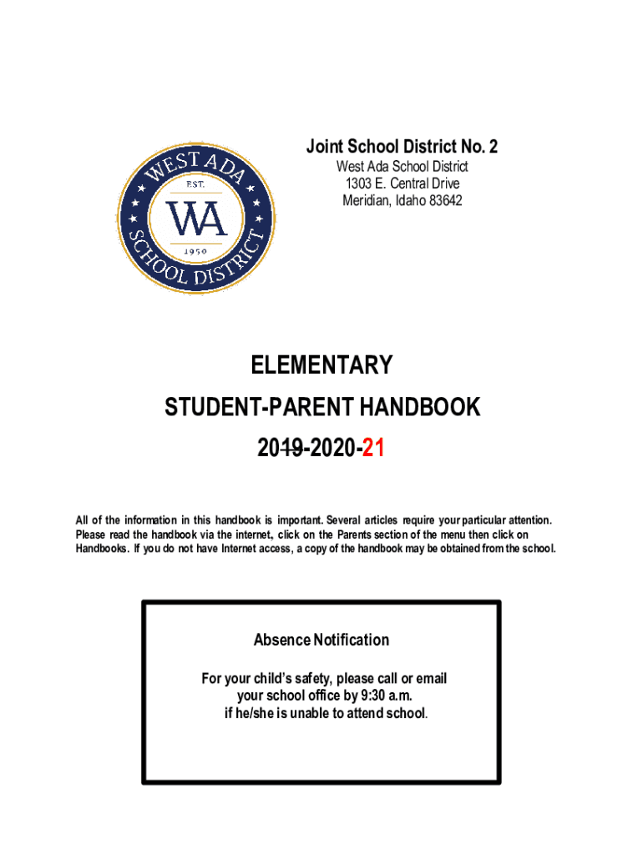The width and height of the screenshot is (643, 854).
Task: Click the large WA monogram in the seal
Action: click(195, 218)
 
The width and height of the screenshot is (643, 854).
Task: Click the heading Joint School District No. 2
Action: click(402, 148)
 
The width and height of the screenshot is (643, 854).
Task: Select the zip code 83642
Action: click(445, 200)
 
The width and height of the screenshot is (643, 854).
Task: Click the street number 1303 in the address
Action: click(360, 183)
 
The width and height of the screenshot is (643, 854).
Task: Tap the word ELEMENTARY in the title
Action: click(321, 365)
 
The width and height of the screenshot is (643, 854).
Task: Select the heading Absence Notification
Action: click(321, 640)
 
